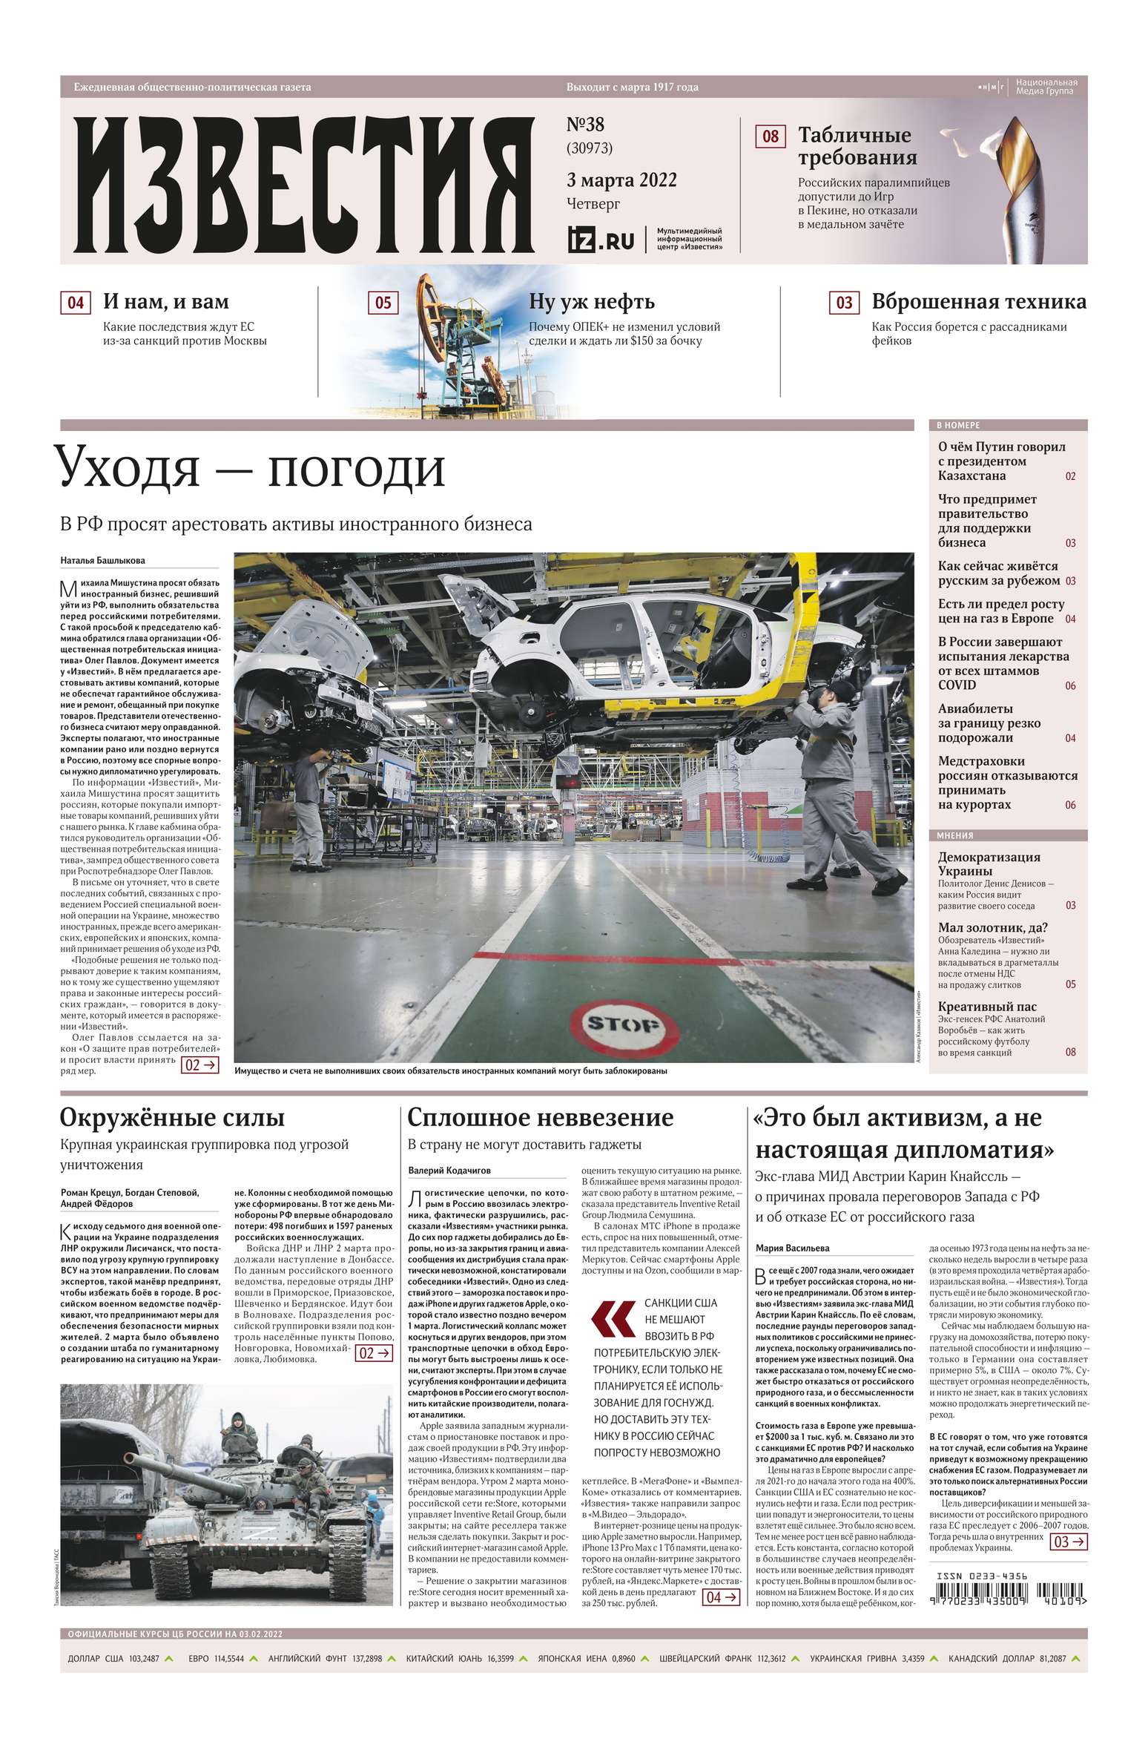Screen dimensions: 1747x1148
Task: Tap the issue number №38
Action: (585, 125)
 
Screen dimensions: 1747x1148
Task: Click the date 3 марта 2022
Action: (621, 180)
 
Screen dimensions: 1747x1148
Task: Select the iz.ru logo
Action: (601, 240)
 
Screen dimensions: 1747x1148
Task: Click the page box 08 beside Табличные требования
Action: (771, 136)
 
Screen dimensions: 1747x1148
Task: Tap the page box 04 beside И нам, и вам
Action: (75, 303)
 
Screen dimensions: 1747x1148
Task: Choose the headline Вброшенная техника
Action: (978, 302)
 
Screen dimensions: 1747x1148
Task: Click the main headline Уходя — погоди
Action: (253, 468)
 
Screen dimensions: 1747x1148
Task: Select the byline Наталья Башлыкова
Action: (103, 560)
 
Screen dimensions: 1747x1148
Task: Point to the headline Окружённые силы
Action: (172, 1117)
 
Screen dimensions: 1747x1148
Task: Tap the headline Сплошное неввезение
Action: (541, 1117)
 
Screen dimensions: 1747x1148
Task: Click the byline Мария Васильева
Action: (792, 1248)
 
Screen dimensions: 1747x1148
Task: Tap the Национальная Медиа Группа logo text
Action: (1046, 86)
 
